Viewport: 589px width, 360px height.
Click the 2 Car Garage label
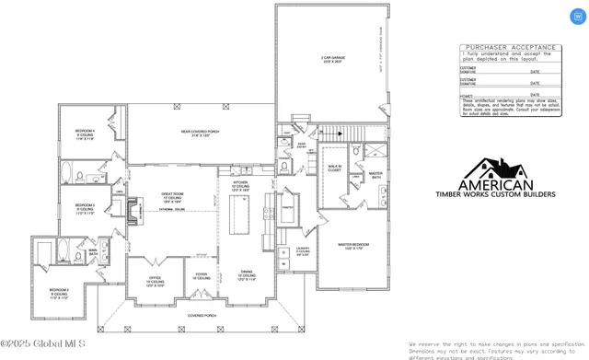(x=331, y=58)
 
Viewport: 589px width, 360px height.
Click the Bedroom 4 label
(x=85, y=134)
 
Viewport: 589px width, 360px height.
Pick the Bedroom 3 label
(x=85, y=208)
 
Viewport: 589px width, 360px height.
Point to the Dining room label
(x=246, y=274)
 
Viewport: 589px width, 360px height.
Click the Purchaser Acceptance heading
(x=510, y=47)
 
